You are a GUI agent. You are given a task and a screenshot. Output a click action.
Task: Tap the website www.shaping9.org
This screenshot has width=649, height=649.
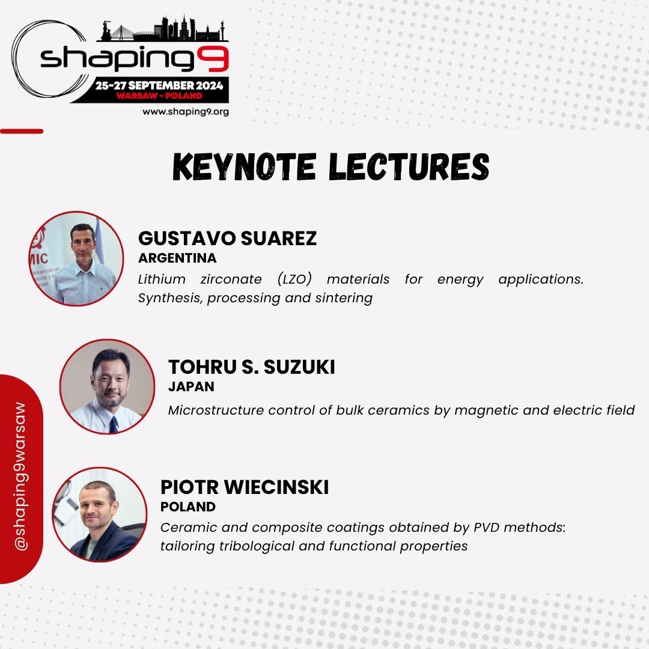pyautogui.click(x=186, y=112)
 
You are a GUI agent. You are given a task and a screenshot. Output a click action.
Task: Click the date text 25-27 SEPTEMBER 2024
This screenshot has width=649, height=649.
pyautogui.click(x=159, y=86)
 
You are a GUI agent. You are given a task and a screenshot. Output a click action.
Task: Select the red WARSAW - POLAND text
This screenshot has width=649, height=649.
pyautogui.click(x=159, y=96)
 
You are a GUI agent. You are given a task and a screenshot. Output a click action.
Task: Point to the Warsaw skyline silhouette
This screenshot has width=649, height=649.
pyautogui.click(x=163, y=29)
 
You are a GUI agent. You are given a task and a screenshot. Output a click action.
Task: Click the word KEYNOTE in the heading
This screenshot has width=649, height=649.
pyautogui.click(x=245, y=166)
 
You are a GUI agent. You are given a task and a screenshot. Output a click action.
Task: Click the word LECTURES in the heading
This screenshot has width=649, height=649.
pyautogui.click(x=409, y=166)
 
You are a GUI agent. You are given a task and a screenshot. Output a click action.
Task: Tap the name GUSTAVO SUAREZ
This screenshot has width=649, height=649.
pyautogui.click(x=227, y=239)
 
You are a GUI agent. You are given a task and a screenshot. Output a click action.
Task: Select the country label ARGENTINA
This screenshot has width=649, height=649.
pyautogui.click(x=177, y=258)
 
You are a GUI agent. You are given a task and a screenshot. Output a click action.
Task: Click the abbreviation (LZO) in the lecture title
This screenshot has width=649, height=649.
pyautogui.click(x=294, y=279)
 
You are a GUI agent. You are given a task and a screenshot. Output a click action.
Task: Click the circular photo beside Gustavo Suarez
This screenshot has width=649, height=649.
pyautogui.click(x=76, y=258)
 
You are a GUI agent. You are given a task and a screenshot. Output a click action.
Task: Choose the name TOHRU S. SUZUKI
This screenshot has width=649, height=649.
pyautogui.click(x=252, y=367)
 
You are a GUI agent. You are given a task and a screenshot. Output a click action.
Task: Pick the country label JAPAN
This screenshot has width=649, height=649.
pyautogui.click(x=191, y=386)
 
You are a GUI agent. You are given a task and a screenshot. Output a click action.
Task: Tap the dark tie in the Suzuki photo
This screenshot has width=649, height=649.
pyautogui.click(x=113, y=424)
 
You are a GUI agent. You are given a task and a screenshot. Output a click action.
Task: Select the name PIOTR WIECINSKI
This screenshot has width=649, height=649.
pyautogui.click(x=245, y=487)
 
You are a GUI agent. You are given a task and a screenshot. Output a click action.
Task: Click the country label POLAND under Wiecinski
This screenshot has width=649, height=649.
pyautogui.click(x=188, y=507)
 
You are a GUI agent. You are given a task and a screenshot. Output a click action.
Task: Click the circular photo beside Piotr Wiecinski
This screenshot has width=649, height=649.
pyautogui.click(x=100, y=514)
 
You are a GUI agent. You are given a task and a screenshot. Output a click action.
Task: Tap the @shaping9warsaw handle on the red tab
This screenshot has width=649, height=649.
pyautogui.click(x=20, y=477)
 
